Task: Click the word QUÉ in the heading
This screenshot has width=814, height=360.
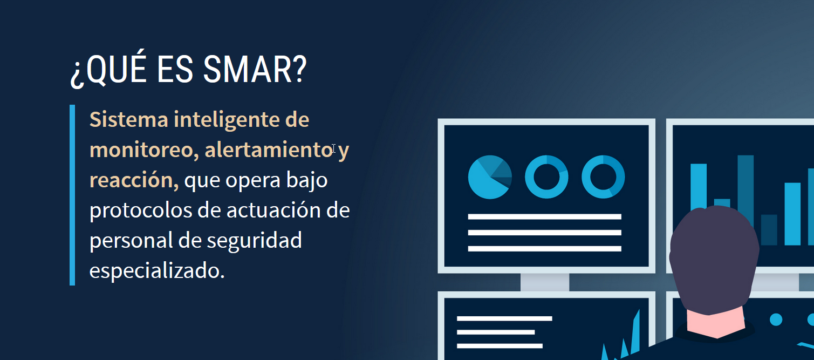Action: (x=117, y=67)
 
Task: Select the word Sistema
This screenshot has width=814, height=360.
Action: (x=128, y=119)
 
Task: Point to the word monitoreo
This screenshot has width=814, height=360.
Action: (x=144, y=150)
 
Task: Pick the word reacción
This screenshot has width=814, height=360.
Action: (x=134, y=180)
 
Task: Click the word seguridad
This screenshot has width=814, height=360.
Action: (x=254, y=240)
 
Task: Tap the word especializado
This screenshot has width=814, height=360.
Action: (x=156, y=271)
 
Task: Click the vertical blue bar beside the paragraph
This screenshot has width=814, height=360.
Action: (x=72, y=195)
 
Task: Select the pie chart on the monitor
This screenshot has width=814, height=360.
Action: (x=490, y=177)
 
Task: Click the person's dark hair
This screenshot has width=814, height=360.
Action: (x=714, y=255)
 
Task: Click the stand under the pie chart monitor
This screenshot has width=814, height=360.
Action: (x=545, y=282)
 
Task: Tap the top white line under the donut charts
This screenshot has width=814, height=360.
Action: (x=544, y=217)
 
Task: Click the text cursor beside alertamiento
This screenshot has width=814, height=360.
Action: (x=333, y=148)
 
